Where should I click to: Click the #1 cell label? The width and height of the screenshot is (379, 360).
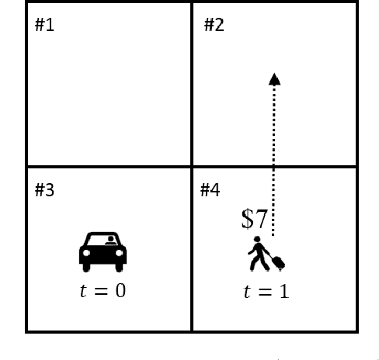coord(44,25)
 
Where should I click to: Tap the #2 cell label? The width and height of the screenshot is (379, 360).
coord(214,25)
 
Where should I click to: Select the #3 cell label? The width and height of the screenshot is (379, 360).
coord(44,190)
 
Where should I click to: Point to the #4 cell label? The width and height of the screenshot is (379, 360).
coord(210,190)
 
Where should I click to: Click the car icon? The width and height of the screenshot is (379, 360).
coord(103,252)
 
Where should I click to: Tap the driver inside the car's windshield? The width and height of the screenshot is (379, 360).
coord(111,241)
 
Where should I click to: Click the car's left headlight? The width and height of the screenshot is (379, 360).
coord(86,253)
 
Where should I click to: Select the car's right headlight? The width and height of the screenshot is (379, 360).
coord(119,253)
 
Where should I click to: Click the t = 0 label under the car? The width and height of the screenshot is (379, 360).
coord(103,290)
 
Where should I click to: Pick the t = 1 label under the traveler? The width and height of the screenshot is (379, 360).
coord(266,291)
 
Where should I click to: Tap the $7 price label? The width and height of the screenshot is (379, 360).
coord(254,219)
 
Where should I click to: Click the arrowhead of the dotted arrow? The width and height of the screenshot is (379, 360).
coord(274,79)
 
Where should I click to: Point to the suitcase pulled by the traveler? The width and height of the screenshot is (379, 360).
coord(279,262)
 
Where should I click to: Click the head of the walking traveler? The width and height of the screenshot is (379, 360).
coord(257,239)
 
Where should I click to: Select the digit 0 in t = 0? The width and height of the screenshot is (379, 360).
coord(120,290)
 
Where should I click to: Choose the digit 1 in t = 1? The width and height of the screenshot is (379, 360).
coord(285,291)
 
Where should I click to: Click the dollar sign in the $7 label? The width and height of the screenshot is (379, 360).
coord(248,219)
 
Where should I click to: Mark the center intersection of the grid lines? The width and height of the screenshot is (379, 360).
coord(192,167)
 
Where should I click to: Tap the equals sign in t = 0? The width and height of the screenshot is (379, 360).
coord(101,291)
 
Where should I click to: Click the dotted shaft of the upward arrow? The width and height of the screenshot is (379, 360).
coord(273,161)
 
